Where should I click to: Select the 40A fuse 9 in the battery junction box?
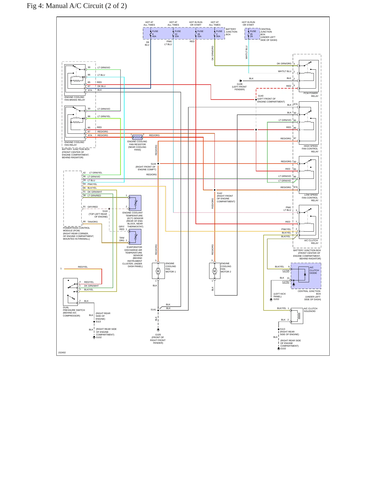coord(151,34)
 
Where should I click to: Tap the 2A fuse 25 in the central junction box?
coord(248,34)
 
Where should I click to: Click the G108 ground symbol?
coord(240,81)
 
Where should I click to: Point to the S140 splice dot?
coord(256,100)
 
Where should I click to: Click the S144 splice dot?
coord(158,164)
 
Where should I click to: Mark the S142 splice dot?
coord(215,190)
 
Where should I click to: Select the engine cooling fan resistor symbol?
coord(137,137)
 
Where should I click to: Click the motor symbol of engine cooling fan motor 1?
coord(158,271)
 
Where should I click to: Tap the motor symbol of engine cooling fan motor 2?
coord(215,271)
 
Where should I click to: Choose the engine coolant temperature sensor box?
coord(135,203)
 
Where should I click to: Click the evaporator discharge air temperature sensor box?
coord(135,237)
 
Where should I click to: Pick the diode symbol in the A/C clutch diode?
coord(305,274)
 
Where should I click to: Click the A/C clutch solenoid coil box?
coord(297,316)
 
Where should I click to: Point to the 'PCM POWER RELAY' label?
coord(311,94)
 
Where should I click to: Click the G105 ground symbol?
coord(158,330)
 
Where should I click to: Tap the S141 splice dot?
coord(158,310)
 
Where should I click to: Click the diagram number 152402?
coord(62,353)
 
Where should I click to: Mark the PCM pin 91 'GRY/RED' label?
coord(93,207)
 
